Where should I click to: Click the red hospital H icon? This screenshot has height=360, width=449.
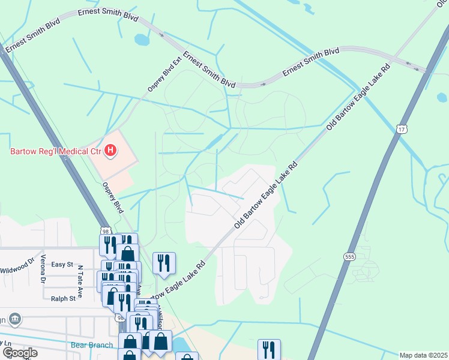tap(110, 151)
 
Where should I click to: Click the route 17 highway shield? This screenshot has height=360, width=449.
tap(402, 129)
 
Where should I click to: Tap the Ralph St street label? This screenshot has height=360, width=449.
tap(63, 298)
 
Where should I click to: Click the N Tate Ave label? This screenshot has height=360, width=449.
tap(79, 277)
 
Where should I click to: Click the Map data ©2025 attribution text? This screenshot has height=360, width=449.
tap(424, 355)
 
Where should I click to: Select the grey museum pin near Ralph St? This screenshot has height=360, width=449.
tap(16, 318)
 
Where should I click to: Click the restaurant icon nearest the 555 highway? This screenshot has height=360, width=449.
tap(269, 349)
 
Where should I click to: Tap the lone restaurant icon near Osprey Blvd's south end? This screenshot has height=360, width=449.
tap(164, 262)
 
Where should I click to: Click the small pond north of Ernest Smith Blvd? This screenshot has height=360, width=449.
tap(142, 40)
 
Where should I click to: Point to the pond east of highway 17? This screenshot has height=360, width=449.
tap(442, 97)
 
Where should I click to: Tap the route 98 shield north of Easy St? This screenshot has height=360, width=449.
tap(106, 231)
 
